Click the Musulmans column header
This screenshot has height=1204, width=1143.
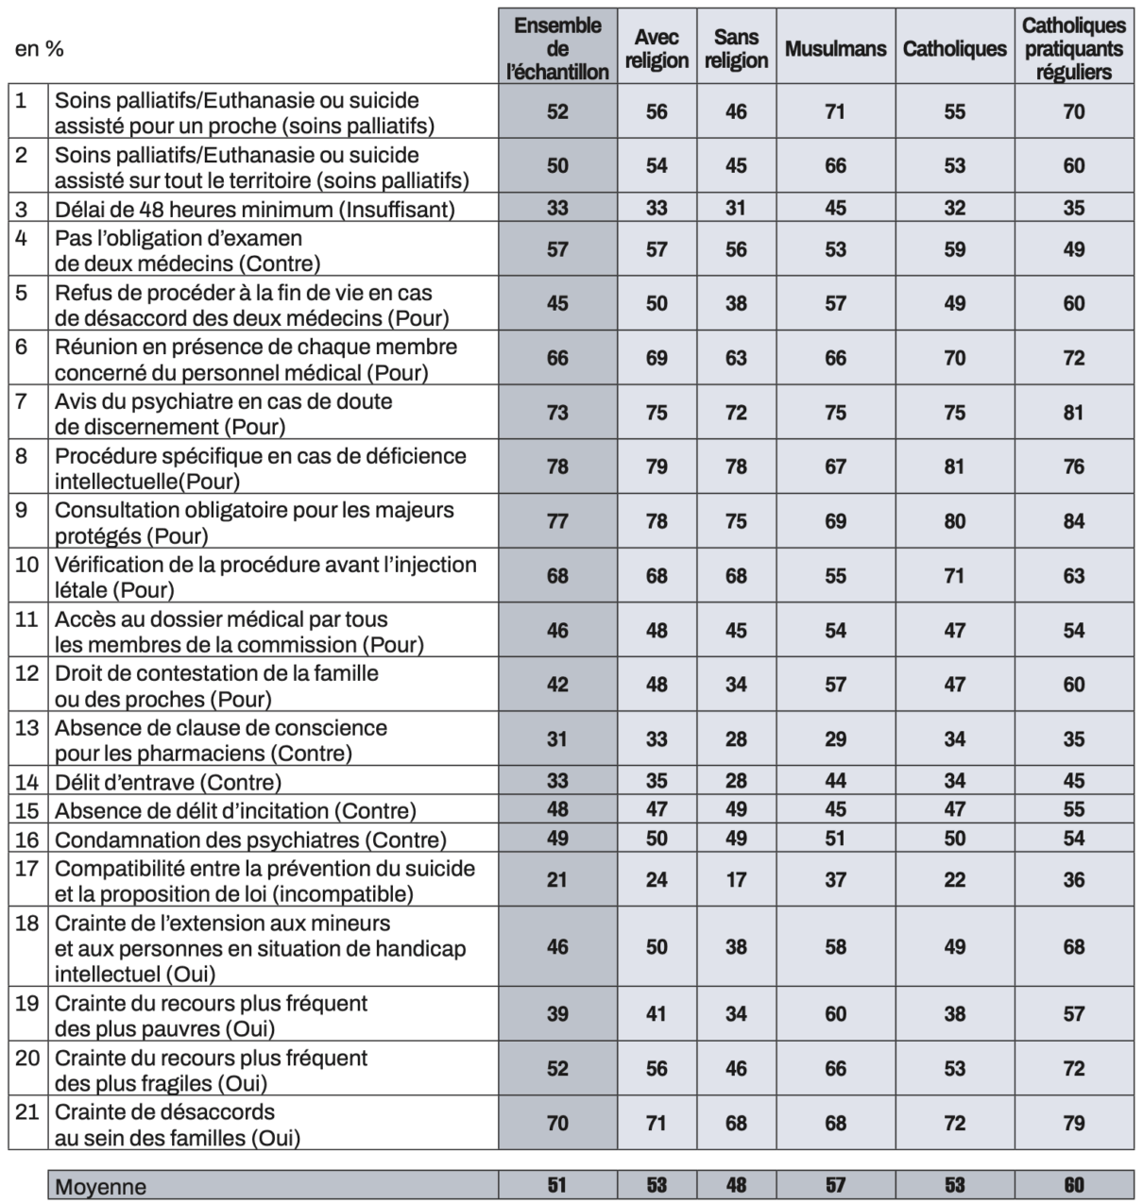[835, 48]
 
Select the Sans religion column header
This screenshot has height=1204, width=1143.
[736, 48]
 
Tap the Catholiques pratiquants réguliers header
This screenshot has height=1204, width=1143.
[1074, 48]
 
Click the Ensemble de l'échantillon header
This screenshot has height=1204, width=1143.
[557, 48]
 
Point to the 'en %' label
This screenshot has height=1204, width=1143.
[40, 49]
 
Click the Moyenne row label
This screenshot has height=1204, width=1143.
[101, 1187]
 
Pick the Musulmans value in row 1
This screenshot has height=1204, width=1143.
[835, 111]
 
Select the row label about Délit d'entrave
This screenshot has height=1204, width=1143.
[168, 782]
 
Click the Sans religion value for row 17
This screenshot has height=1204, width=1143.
[736, 880]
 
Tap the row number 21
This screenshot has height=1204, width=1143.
[27, 1111]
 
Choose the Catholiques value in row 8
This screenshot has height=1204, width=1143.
[954, 466]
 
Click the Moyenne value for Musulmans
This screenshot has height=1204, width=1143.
[835, 1185]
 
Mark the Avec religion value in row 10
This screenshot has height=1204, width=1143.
[657, 576]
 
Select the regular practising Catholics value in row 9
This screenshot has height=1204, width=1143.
[1074, 521]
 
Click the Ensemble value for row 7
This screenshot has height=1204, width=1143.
[557, 413]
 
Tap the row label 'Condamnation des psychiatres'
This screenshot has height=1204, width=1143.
[250, 839]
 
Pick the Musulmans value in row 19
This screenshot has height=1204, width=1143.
[835, 1014]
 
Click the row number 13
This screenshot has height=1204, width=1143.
[27, 728]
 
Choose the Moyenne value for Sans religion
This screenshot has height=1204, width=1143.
[736, 1185]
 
